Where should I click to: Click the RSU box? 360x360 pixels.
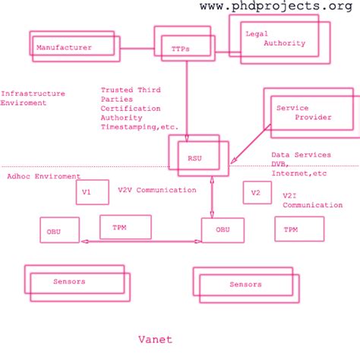[x=195, y=157]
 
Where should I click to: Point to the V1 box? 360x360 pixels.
[x=87, y=193]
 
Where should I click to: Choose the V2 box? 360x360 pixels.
[x=256, y=193]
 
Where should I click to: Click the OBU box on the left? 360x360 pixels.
[x=59, y=229]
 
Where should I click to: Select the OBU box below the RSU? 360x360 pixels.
[x=223, y=230]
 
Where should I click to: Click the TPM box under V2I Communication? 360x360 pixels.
[x=298, y=229]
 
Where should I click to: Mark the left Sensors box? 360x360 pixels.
[x=75, y=282]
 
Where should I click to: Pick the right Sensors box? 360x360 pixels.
[x=245, y=284]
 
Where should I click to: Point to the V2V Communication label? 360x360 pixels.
[x=156, y=190]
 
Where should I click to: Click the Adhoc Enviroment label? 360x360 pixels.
[x=43, y=176]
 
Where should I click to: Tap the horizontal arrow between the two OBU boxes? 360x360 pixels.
[x=141, y=242]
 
